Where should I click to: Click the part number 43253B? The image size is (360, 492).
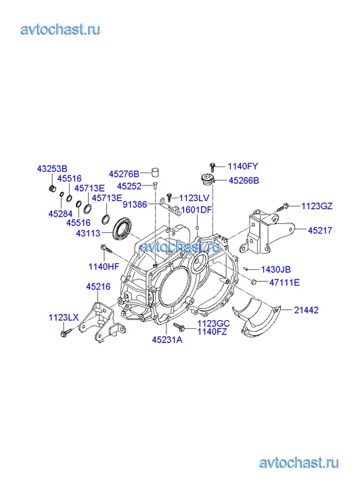pos(52,169)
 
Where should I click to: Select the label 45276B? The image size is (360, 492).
pos(124,173)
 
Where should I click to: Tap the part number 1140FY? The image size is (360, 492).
pos(243,166)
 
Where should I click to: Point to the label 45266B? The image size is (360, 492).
pos(244,181)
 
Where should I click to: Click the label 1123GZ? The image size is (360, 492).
pos(317,206)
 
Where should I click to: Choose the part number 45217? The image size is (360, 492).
pos(320,230)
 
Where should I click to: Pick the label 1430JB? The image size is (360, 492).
pos(276,269)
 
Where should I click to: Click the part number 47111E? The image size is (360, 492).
pos(284,282)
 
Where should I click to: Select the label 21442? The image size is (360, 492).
pos(307,310)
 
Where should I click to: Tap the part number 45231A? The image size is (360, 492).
pos(167,339)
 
